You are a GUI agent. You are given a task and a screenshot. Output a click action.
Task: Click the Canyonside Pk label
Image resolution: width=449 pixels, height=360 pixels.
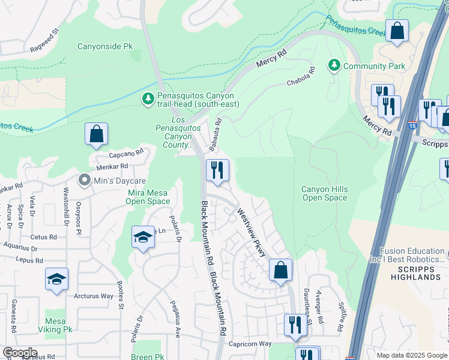(x=105, y=46)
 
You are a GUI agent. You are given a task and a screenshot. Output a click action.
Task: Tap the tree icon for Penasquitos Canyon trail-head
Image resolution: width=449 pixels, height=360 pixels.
(x=148, y=97)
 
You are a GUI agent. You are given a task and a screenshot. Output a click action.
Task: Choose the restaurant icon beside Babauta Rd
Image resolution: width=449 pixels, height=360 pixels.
(x=217, y=170)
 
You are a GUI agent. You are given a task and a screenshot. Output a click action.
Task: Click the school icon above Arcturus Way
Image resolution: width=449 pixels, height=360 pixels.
(x=56, y=280)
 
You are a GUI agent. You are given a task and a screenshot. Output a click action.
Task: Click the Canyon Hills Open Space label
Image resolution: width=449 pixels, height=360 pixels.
(x=324, y=194)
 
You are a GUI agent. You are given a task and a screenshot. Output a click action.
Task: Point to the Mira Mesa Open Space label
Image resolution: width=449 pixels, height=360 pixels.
(x=148, y=197)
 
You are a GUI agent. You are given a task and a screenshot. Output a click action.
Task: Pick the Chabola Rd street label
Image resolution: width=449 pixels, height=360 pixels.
(x=301, y=79)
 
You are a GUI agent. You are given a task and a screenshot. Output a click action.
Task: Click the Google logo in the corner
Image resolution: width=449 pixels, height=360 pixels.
(x=20, y=353)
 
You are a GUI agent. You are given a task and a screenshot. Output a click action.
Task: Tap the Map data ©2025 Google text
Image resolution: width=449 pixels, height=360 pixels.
(x=411, y=355)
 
